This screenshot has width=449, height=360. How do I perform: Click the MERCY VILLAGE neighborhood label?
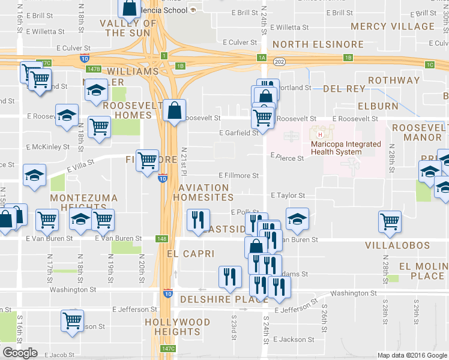pos(401,26)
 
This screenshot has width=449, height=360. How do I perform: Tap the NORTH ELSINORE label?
pos(318,44)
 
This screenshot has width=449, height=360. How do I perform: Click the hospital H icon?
pos(312,134)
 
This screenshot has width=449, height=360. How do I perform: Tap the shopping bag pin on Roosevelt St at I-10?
pos(173,111)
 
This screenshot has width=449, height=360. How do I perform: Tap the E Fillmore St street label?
pos(238,176)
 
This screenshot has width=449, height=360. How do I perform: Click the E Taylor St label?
pos(288,196)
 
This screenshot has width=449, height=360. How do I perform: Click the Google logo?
pos(20,353)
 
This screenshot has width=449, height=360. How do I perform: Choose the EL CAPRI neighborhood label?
pos(190,254)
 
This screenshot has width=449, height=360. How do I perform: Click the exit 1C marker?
pos(429,65)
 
